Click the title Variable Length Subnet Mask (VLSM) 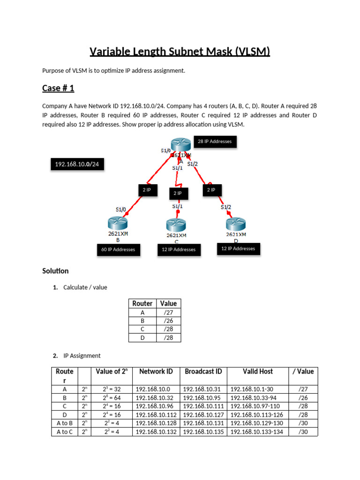click(x=180, y=51)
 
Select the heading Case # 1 click(x=58, y=88)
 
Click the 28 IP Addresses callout click(x=215, y=142)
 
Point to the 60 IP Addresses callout click(x=118, y=250)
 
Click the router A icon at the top click(x=180, y=146)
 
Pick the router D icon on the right click(x=236, y=224)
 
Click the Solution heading click(x=55, y=271)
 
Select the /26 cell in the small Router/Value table click(x=168, y=321)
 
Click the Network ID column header click(x=156, y=371)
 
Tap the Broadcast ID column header click(x=203, y=371)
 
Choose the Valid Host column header click(x=258, y=371)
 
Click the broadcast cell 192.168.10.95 click(x=203, y=398)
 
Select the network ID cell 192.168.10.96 click(x=156, y=406)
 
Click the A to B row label click(x=64, y=423)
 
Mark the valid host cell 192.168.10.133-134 click(x=258, y=432)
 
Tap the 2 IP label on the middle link click(x=178, y=193)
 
